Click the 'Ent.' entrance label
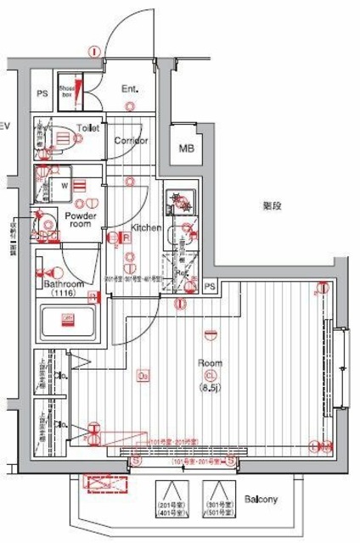click(x=130, y=88)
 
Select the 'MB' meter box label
click(x=185, y=149)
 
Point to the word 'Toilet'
click(x=87, y=128)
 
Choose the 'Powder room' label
click(x=82, y=221)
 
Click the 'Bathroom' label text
click(x=65, y=283)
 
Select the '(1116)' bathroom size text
click(x=63, y=293)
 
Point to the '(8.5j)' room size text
click(x=210, y=389)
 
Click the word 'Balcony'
click(x=261, y=499)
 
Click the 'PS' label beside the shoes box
click(x=42, y=93)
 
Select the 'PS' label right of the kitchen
click(x=210, y=288)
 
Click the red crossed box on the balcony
click(x=104, y=484)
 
